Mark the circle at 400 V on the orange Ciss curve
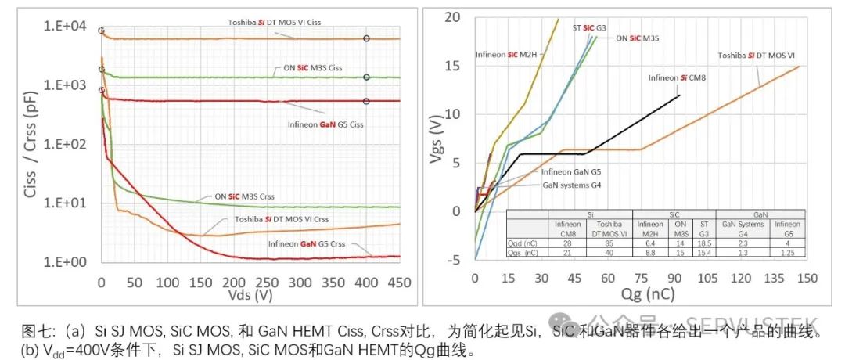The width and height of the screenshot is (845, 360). [366, 38]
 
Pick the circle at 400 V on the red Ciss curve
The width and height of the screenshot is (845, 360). [366, 101]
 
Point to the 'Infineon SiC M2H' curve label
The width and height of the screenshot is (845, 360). [506, 55]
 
